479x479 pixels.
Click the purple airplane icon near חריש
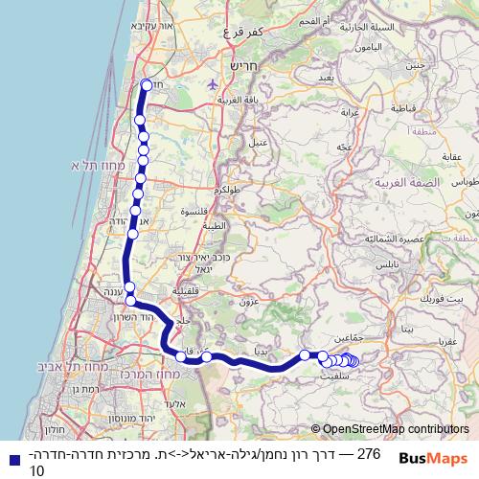[213, 83]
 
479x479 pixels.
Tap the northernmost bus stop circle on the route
[147, 84]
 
